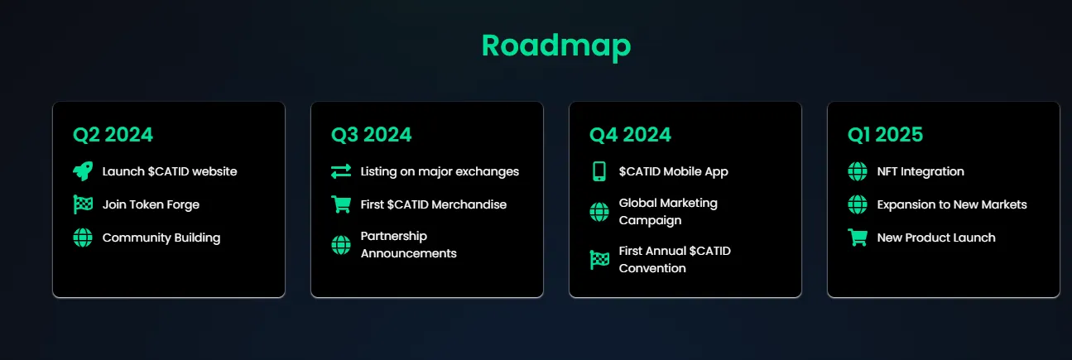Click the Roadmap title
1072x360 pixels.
(556, 46)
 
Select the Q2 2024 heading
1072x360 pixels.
(113, 135)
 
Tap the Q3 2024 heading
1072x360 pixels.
(371, 135)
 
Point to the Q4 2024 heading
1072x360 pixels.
(630, 135)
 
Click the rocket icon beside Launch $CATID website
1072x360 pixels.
(83, 171)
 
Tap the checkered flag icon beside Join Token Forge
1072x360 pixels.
(83, 204)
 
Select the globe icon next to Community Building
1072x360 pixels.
(83, 238)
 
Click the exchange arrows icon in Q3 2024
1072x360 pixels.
(341, 171)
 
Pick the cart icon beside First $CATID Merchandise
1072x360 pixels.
(341, 204)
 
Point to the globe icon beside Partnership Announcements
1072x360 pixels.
(341, 245)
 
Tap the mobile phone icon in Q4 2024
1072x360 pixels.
(599, 171)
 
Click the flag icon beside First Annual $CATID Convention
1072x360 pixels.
(599, 260)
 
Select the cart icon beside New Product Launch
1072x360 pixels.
(858, 238)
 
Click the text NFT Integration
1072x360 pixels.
(921, 171)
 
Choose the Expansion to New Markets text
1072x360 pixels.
(952, 204)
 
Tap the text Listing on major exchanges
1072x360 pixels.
(440, 171)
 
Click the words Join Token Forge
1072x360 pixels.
(151, 204)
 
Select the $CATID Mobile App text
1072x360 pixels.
(673, 171)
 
